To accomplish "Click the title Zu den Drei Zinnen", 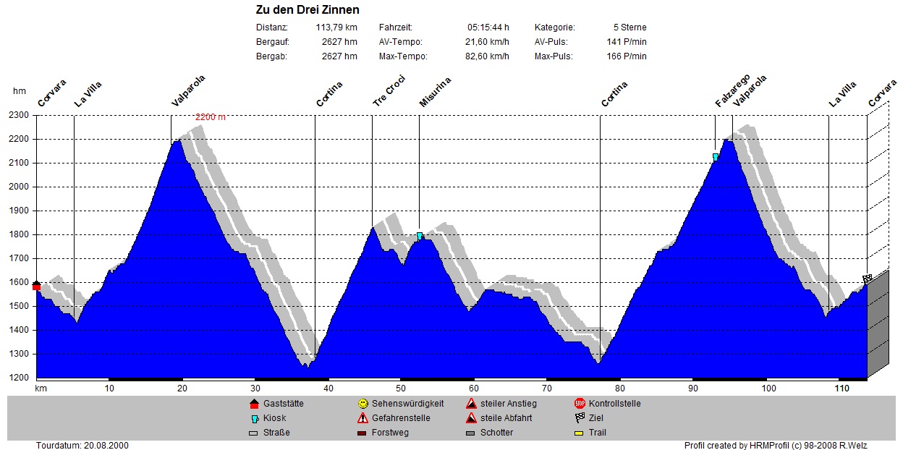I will pos(308,10).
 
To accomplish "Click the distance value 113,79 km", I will pos(336,27).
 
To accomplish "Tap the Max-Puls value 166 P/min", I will pos(627,56).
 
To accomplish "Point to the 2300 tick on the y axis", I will pos(17,115).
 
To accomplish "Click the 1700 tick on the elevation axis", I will pos(17,258).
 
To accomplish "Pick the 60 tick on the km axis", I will pos(474,389).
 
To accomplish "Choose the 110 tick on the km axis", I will pos(841,389).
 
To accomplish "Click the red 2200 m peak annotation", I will pos(211,116).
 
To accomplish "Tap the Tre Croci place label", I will pos(389,92).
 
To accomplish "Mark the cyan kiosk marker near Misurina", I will pos(420,236).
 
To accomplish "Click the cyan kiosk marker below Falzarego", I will pos(716,157).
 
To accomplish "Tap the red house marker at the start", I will pos(36,286).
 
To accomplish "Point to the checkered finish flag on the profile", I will pos(868,279).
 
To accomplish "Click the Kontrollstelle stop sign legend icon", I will pos(580,404).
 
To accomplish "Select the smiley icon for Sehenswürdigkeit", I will pos(363,404).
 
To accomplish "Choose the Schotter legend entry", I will pos(496,433).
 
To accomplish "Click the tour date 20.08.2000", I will pos(82,445).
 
